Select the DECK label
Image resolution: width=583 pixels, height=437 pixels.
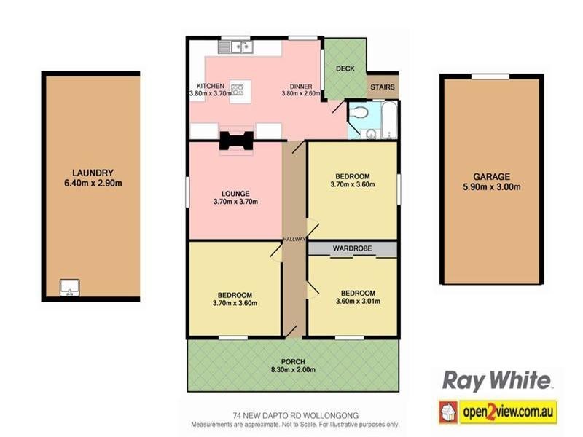pyautogui.click(x=345, y=69)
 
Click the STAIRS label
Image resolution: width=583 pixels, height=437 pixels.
pyautogui.click(x=383, y=87)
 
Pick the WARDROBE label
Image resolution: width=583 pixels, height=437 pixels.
pyautogui.click(x=352, y=248)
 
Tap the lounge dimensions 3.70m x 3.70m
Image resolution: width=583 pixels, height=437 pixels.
pyautogui.click(x=235, y=202)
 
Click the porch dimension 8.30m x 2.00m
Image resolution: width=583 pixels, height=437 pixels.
pyautogui.click(x=293, y=370)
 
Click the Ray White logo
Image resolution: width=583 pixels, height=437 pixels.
pyautogui.click(x=497, y=380)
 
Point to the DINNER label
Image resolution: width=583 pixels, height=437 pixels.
pyautogui.click(x=301, y=85)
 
